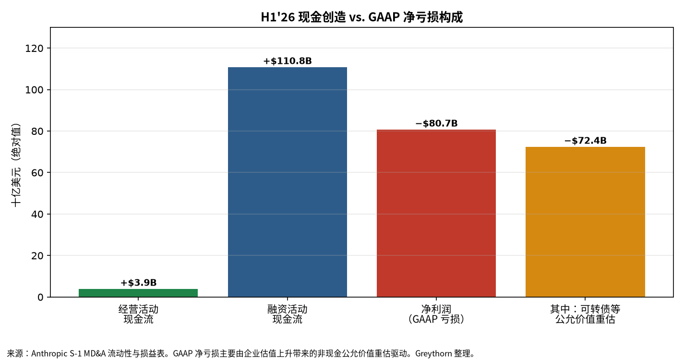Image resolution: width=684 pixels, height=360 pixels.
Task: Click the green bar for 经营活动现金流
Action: (138, 293)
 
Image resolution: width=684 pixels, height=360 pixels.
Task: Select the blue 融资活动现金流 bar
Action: (288, 182)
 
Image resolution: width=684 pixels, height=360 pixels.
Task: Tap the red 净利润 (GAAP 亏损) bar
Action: (436, 213)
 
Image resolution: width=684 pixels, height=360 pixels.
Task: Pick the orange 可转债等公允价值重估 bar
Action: (585, 222)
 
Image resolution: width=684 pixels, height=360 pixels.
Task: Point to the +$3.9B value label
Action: (138, 283)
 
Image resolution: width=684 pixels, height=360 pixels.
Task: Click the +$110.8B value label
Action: (288, 61)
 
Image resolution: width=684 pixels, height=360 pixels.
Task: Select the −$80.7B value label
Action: (436, 123)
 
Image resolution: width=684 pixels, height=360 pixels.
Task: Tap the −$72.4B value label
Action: (586, 141)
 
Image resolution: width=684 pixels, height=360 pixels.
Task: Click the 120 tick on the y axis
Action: (34, 48)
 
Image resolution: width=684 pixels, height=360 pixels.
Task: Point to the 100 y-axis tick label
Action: (34, 90)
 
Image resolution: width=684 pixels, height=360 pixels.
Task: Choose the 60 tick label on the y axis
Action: (37, 173)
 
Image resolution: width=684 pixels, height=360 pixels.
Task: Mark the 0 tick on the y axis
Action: (40, 297)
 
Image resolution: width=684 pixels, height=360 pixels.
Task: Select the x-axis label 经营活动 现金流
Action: (138, 314)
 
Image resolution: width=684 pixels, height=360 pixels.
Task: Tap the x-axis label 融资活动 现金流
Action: (288, 314)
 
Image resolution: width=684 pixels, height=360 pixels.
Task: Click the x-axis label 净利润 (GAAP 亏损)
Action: (436, 314)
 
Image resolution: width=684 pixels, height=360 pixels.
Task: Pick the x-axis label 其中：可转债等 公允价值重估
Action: (585, 314)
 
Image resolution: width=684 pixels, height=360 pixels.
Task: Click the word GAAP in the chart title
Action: (384, 17)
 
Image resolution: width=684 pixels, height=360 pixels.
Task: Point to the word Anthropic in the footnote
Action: (49, 354)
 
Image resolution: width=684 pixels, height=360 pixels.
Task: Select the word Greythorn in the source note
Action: (433, 354)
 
